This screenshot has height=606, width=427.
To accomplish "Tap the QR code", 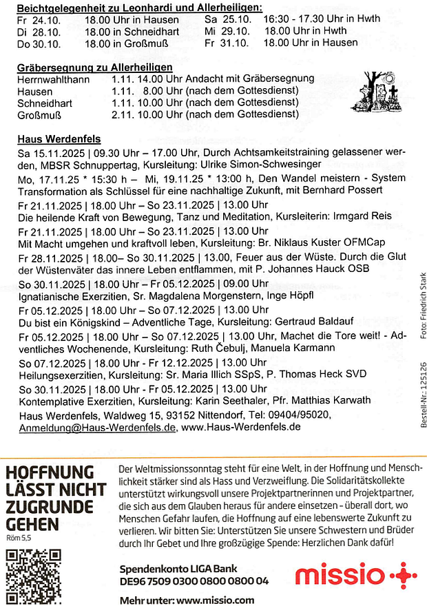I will click(x=32, y=576).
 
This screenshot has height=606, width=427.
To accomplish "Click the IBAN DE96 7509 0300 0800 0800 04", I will click(x=194, y=581).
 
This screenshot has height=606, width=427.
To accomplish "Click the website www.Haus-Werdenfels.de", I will click(x=241, y=427).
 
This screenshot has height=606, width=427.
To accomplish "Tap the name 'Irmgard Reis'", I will click(x=362, y=216).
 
